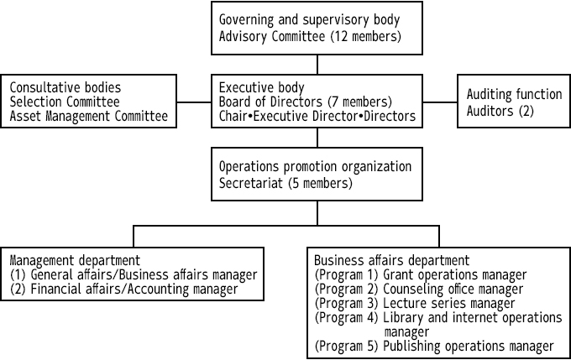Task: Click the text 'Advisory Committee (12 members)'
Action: pos(310,37)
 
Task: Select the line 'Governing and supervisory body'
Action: pos(309,20)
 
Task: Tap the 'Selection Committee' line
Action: pos(65,102)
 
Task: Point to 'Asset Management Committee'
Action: pos(89,116)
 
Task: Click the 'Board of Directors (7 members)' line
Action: pos(305,102)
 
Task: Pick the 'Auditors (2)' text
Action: pos(500,111)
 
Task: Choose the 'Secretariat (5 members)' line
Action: pos(285,183)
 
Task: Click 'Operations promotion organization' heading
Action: pos(315,167)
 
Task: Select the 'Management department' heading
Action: pos(75,261)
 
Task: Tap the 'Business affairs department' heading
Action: pos(392,261)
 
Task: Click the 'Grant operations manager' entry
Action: pos(455,274)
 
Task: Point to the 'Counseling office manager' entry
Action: pos(453,289)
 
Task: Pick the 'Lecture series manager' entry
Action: pos(449,303)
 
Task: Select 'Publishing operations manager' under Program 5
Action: pos(469,347)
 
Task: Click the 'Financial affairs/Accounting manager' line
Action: pos(134,289)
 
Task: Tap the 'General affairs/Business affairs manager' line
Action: pos(144,274)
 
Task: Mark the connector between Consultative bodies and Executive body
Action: pos(194,102)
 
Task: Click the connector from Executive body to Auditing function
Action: pos(440,102)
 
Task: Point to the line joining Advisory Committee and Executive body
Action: pos(317,65)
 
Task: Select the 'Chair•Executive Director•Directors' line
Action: pos(317,116)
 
